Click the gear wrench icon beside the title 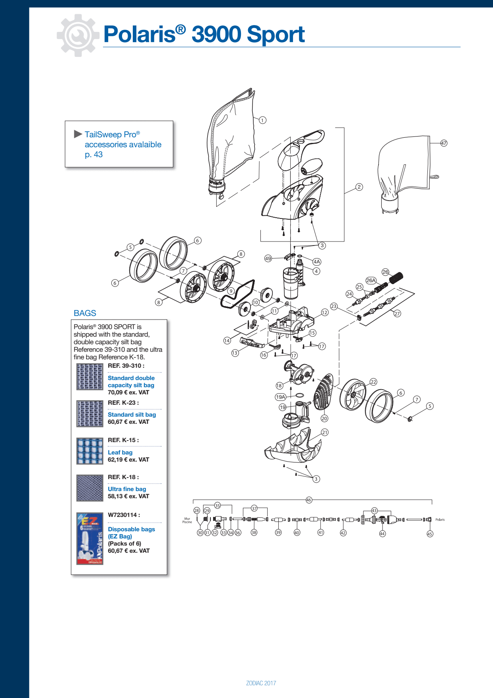pyautogui.click(x=78, y=35)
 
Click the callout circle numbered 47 pyautogui.click(x=444, y=143)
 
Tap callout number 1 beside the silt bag pyautogui.click(x=262, y=120)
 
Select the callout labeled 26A pyautogui.click(x=371, y=280)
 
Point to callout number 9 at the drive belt pyautogui.click(x=231, y=291)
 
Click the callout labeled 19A pyautogui.click(x=281, y=397)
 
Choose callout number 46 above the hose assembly pyautogui.click(x=309, y=500)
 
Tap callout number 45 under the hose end pyautogui.click(x=430, y=534)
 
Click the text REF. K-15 pyautogui.click(x=123, y=440)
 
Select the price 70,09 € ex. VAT pyautogui.click(x=128, y=392)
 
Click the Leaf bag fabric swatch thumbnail pyautogui.click(x=90, y=451)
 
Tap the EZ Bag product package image pyautogui.click(x=90, y=538)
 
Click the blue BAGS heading pyautogui.click(x=85, y=313)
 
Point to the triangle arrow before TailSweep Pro pyautogui.click(x=78, y=134)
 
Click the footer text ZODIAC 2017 pyautogui.click(x=261, y=683)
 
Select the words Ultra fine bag pyautogui.click(x=127, y=489)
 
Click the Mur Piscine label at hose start pyautogui.click(x=187, y=520)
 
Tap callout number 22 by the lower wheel pyautogui.click(x=373, y=382)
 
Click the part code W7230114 pyautogui.click(x=123, y=515)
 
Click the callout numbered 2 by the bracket pyautogui.click(x=359, y=187)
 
